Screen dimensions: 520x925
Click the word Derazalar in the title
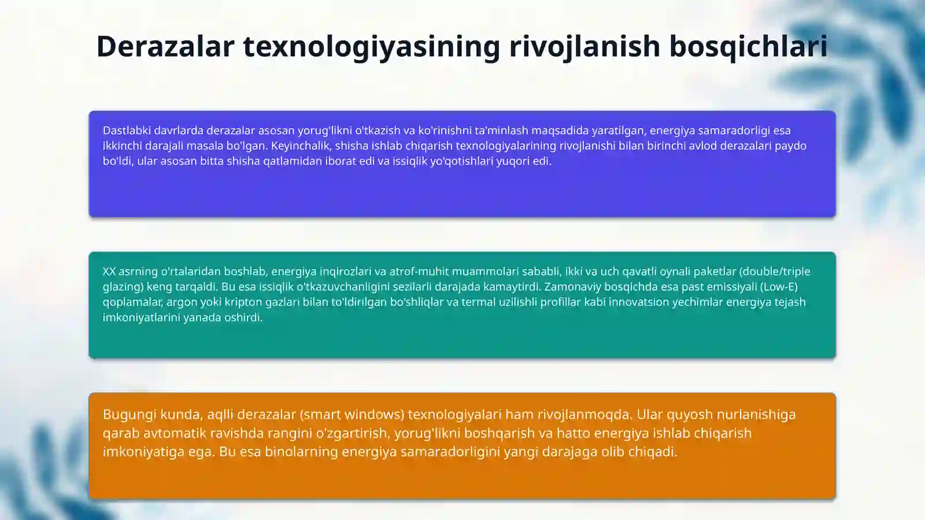point(165,46)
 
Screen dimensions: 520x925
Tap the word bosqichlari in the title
point(748,46)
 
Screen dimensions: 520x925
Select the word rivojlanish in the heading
point(584,46)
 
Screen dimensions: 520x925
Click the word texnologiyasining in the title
point(371,46)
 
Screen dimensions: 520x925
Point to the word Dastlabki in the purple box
point(127,131)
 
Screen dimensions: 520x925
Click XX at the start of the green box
point(109,272)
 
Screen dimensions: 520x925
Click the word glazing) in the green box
point(123,287)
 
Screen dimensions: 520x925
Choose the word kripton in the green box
point(245,302)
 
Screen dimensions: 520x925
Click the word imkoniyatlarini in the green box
point(142,318)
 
